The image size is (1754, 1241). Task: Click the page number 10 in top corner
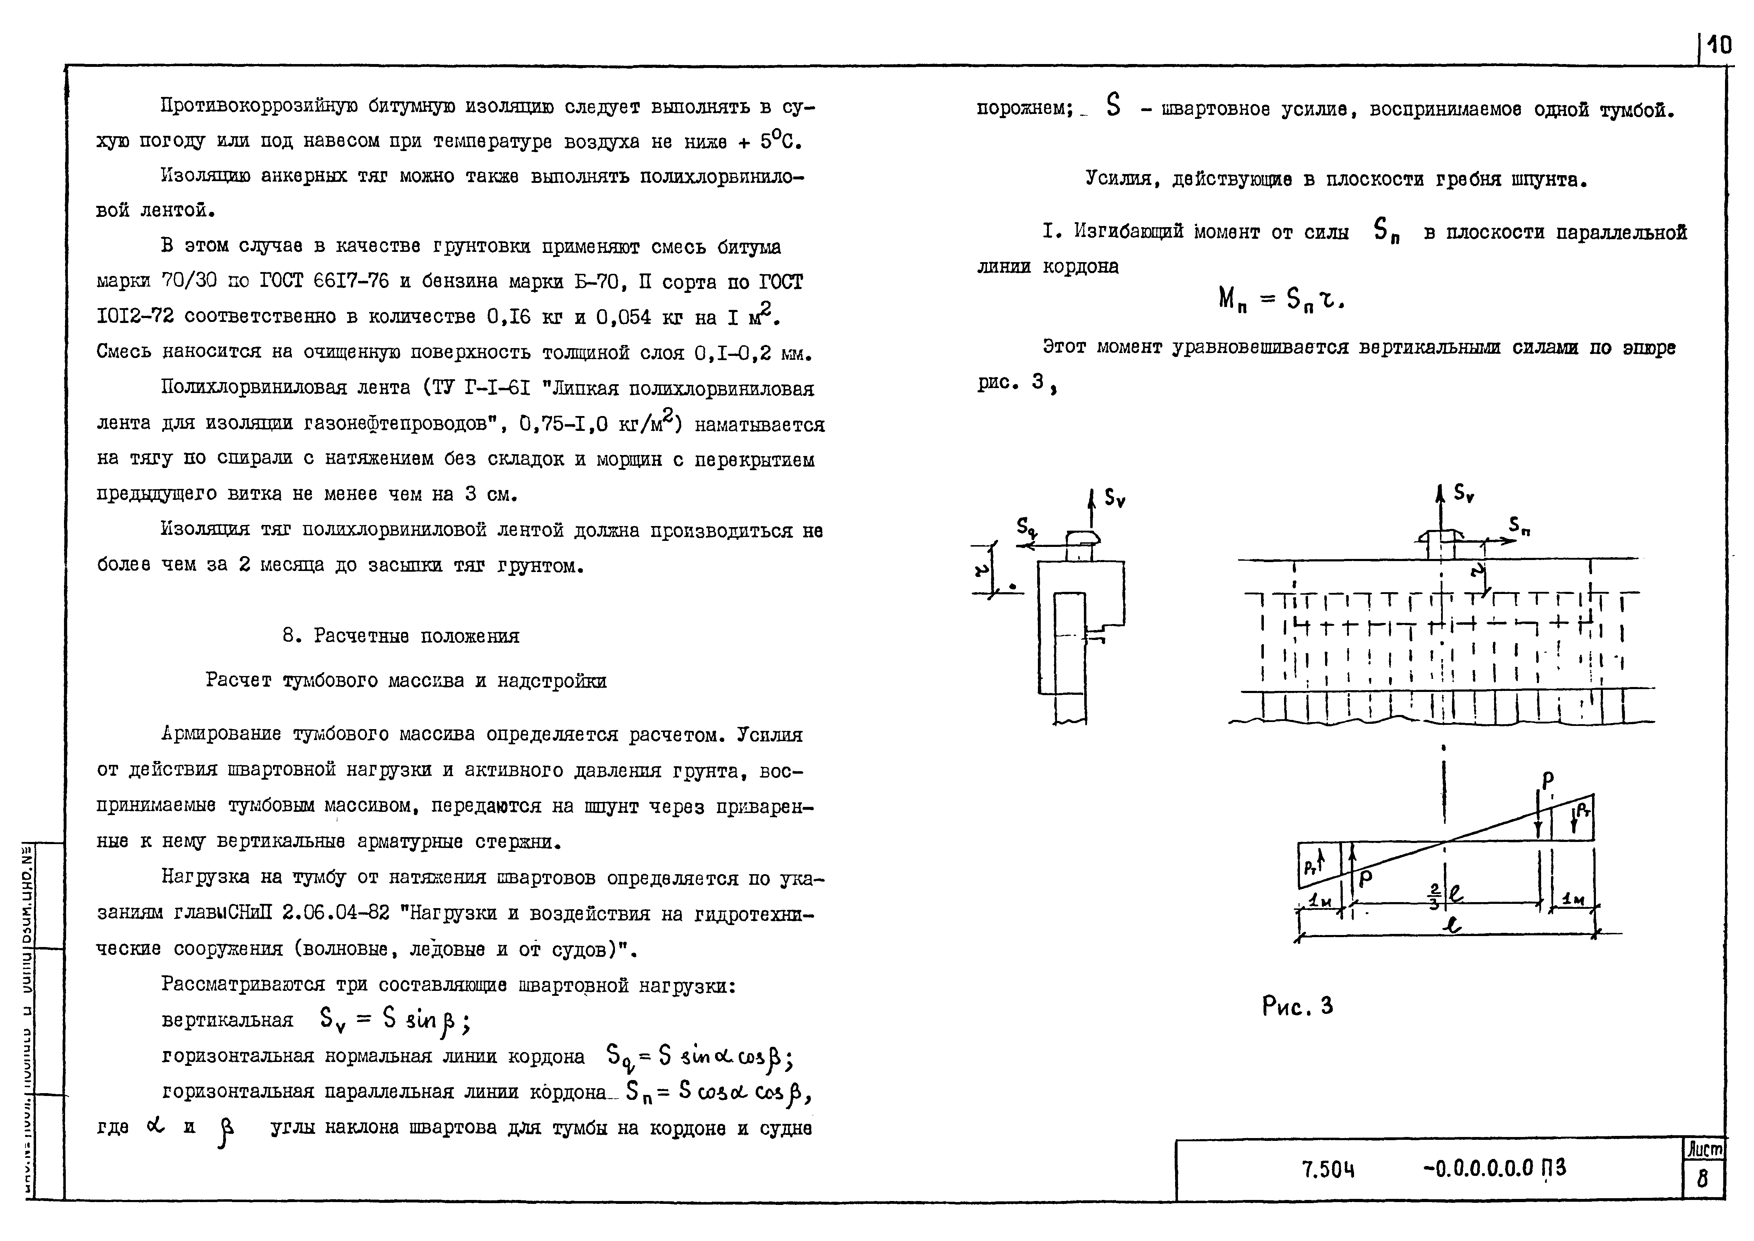(x=1719, y=46)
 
